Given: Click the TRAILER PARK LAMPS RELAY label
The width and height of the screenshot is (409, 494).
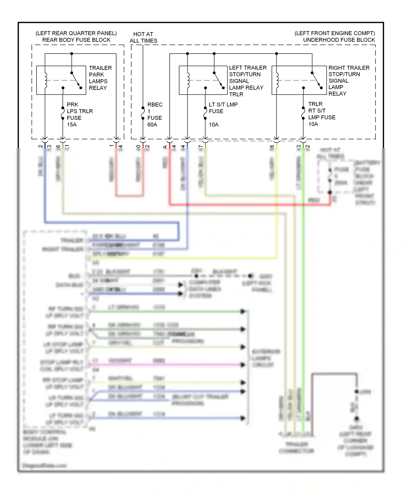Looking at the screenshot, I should (x=100, y=78).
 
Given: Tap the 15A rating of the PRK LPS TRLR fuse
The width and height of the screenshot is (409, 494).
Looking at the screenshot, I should (x=72, y=125).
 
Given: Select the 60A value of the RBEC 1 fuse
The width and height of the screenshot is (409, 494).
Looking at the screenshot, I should (x=152, y=125).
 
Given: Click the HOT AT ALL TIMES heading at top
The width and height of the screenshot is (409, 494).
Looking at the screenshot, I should (x=143, y=37).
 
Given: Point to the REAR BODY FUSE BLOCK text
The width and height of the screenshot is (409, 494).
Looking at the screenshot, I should (x=76, y=40).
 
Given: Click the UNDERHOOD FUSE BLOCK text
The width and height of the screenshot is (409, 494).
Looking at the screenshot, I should (x=339, y=40).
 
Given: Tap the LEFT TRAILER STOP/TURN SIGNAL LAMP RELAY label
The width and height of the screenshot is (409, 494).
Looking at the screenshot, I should (x=247, y=81).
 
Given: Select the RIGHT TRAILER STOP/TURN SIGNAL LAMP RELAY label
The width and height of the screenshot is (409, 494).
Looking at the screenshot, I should (x=348, y=81).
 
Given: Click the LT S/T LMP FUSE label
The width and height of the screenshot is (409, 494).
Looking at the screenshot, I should (x=223, y=108).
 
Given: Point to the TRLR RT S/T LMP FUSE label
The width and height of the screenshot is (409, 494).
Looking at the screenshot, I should (x=321, y=111).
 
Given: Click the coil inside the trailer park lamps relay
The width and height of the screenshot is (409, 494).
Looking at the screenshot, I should (x=46, y=80).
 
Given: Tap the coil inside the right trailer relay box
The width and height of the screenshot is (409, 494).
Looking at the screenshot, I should (x=277, y=80).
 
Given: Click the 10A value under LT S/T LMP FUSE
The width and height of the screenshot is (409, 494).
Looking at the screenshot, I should (x=213, y=125).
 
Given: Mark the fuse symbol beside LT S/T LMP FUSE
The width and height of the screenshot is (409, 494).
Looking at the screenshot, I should (x=205, y=113).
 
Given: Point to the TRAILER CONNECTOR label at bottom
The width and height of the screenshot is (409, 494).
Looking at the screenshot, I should (x=296, y=447).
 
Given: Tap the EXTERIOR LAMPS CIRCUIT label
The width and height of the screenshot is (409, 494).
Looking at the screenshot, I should (x=265, y=358).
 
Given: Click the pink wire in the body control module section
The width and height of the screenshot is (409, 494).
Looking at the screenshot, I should (x=164, y=364).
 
